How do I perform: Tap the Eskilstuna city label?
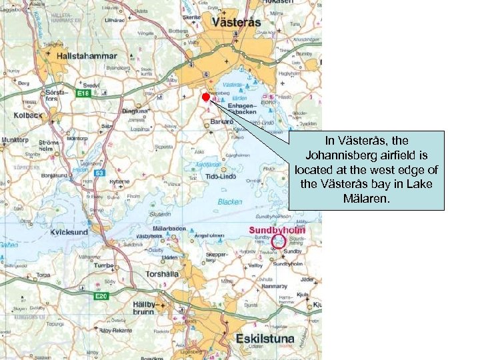[x=265, y=339]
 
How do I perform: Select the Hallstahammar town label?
[x=87, y=56]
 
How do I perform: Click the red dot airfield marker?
[x=206, y=97]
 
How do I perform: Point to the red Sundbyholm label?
[x=277, y=230]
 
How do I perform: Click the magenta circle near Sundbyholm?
[x=279, y=241]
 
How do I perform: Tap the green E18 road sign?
[x=83, y=93]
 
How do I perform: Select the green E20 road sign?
[x=101, y=295]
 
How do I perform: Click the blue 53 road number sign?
[x=98, y=173]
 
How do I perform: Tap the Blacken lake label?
[x=230, y=201]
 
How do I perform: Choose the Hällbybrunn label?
[x=143, y=307]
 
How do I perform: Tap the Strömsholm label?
[x=50, y=146]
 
